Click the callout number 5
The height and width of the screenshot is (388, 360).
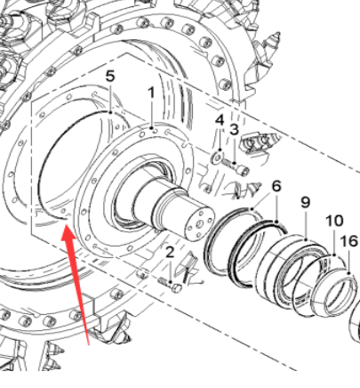(x=110, y=77)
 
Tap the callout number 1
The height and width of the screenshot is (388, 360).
(x=151, y=92)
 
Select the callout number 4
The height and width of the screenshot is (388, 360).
(x=220, y=119)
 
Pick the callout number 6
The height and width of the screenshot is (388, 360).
(x=276, y=186)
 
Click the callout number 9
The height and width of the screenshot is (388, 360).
(x=305, y=202)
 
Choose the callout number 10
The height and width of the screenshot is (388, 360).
(x=333, y=221)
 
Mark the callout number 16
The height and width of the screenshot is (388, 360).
(x=348, y=241)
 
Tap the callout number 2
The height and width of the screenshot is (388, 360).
(x=170, y=254)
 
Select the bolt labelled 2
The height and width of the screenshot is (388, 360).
(x=170, y=282)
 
